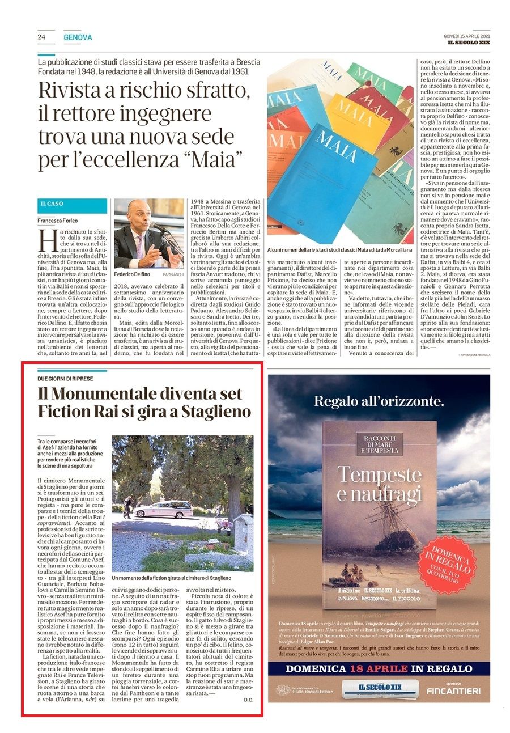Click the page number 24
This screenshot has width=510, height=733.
coord(41,37)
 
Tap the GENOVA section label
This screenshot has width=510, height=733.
coord(78,37)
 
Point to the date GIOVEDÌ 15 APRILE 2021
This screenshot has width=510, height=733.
coord(467,36)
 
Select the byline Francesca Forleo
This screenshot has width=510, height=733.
coord(58,221)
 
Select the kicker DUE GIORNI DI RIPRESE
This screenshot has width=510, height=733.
coord(65,378)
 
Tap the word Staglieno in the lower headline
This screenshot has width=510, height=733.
coord(215,412)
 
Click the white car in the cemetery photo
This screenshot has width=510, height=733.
coord(164,509)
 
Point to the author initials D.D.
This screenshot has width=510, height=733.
coord(248,701)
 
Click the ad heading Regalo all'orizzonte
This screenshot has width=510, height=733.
coord(379,402)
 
